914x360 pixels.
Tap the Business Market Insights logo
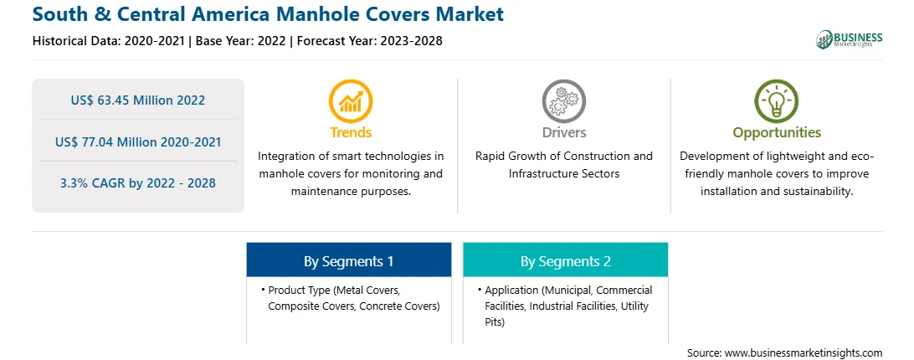[849, 39]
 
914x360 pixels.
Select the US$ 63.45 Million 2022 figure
[138, 100]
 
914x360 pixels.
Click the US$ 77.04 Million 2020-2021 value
[138, 141]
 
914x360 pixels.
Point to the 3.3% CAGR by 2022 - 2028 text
[138, 183]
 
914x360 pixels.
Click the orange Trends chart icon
[351, 101]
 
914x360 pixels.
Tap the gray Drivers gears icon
[563, 101]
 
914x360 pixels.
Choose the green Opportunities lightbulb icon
[777, 101]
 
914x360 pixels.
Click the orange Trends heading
[351, 132]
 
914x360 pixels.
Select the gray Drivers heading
[563, 132]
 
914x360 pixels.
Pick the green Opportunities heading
[777, 133]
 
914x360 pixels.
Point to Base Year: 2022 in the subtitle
[241, 41]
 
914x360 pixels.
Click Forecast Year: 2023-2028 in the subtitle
[369, 41]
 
